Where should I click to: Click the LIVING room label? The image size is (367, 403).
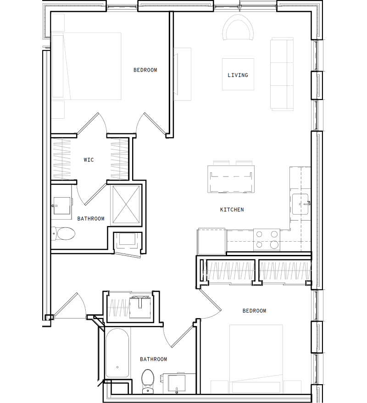238,75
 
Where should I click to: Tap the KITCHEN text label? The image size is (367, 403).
232,210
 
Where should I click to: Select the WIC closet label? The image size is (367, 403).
89,160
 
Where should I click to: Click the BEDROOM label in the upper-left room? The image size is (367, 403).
145,70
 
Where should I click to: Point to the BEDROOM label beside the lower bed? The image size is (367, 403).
254,311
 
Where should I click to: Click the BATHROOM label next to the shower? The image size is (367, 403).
90,219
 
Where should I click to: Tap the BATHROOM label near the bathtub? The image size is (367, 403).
153,359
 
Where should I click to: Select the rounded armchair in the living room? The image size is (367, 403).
238,28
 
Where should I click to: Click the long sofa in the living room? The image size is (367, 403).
282,74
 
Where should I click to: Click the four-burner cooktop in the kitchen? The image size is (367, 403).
267,239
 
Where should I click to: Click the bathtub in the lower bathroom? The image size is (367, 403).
117,353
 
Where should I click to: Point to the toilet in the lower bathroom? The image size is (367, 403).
148,381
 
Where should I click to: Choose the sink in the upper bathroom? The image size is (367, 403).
61,205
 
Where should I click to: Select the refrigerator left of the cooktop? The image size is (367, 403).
211,241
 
